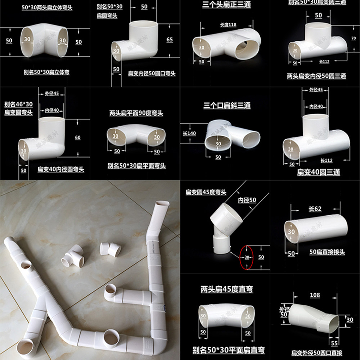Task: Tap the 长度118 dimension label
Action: pos(228,25)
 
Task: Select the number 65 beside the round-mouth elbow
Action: pos(170,40)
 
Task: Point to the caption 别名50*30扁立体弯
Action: pos(46,72)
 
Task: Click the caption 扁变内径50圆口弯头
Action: pos(152,73)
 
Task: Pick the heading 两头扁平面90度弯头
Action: pos(136,113)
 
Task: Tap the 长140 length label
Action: pos(189,134)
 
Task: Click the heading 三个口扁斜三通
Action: pos(227,105)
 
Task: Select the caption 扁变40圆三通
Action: pos(318,172)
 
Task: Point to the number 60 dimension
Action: pos(78,138)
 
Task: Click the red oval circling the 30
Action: pos(247,257)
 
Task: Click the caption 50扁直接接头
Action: pos(327,252)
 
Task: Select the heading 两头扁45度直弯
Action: pos(226,289)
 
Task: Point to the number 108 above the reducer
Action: pos(315,295)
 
